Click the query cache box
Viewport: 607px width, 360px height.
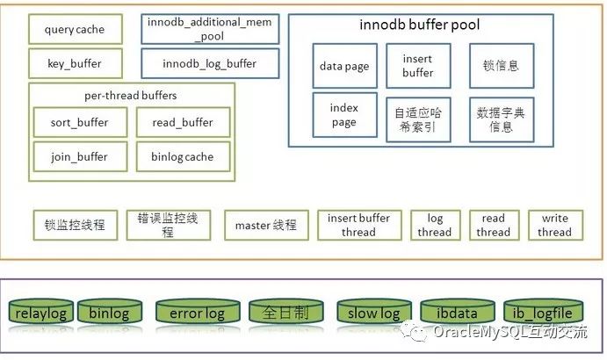(x=76, y=29)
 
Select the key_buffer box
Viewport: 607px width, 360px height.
(x=76, y=63)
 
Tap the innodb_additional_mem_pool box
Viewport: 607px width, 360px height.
(x=210, y=29)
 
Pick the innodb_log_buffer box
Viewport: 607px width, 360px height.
(x=210, y=63)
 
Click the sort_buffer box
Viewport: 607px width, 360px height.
(x=80, y=122)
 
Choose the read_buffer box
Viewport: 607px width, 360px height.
(x=183, y=122)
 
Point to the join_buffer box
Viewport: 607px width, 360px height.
(x=80, y=157)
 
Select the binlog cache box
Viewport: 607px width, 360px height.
(x=183, y=157)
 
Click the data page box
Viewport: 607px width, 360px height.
(x=345, y=66)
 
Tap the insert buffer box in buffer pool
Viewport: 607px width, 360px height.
(x=418, y=66)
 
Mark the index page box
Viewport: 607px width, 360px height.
(x=345, y=115)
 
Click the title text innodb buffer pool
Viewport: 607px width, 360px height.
(x=420, y=25)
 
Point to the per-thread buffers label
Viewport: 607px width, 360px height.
(x=131, y=96)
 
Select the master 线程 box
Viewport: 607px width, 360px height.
(x=266, y=226)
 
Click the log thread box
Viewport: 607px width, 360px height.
(x=436, y=226)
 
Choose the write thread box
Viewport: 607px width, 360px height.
(x=555, y=226)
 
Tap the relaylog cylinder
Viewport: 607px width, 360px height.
(x=41, y=311)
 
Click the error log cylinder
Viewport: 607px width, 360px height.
(x=198, y=311)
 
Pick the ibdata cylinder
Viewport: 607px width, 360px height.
(x=458, y=311)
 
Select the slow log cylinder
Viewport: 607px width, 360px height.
(x=374, y=311)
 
